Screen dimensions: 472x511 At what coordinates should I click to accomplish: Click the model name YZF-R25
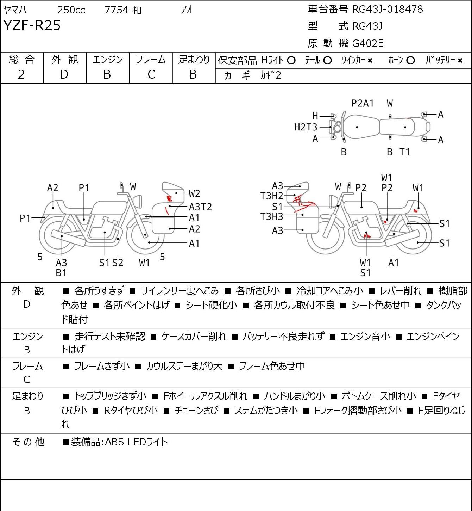pyautogui.click(x=32, y=25)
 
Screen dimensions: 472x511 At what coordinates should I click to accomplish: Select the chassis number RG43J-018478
pyautogui.click(x=388, y=9)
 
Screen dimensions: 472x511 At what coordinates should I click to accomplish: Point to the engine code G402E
pyautogui.click(x=368, y=43)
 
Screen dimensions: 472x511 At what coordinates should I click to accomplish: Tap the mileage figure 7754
pyautogui.click(x=117, y=10)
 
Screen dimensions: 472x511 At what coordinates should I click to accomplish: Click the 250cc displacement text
pyautogui.click(x=71, y=10)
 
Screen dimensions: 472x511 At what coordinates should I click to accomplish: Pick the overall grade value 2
pyautogui.click(x=21, y=75)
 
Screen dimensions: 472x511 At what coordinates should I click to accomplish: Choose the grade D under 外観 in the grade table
pyautogui.click(x=64, y=75)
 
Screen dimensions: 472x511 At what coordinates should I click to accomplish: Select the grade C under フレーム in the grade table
pyautogui.click(x=151, y=75)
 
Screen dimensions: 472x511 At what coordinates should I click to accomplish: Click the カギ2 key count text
pyautogui.click(x=271, y=75)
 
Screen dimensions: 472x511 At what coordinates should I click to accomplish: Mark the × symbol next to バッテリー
pyautogui.click(x=460, y=61)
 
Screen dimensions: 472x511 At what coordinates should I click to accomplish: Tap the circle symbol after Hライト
pyautogui.click(x=291, y=61)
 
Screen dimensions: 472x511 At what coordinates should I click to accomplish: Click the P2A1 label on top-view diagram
pyautogui.click(x=362, y=103)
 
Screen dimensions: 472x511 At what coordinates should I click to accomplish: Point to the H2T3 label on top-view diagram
pyautogui.click(x=306, y=127)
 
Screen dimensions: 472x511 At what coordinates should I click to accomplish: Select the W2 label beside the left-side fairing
pyautogui.click(x=194, y=194)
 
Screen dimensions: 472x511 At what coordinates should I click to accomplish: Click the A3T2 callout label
pyautogui.click(x=200, y=207)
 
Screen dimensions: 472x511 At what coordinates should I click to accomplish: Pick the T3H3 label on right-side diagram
pyautogui.click(x=272, y=217)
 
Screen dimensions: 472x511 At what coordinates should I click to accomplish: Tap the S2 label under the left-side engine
pyautogui.click(x=118, y=263)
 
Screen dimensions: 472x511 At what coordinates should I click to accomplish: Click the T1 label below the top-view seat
pyautogui.click(x=404, y=152)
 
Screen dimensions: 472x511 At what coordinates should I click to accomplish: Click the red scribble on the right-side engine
pyautogui.click(x=367, y=235)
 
